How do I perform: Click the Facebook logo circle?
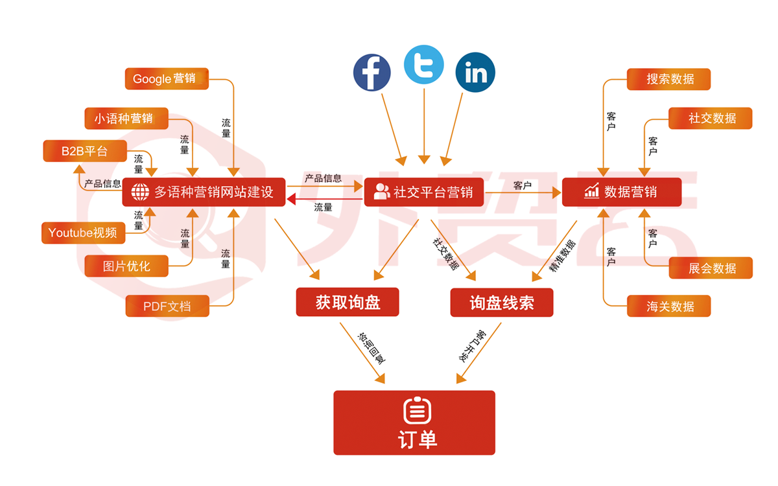click(x=371, y=72)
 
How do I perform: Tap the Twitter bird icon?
click(x=423, y=65)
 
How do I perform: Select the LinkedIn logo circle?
click(x=475, y=73)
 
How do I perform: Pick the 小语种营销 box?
click(x=126, y=119)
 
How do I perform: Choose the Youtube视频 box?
click(x=83, y=232)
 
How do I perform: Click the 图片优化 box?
click(x=126, y=266)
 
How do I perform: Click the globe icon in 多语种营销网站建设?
click(x=140, y=192)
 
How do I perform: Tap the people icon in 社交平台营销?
click(x=382, y=192)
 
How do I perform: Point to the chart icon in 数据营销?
click(x=591, y=191)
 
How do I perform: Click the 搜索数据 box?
click(x=669, y=79)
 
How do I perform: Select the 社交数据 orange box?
click(x=711, y=119)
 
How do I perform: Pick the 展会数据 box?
click(x=711, y=268)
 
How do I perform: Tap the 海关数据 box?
click(x=669, y=306)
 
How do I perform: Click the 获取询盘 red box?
click(x=348, y=302)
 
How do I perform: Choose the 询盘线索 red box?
click(x=501, y=302)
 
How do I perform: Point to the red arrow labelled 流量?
click(x=324, y=199)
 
